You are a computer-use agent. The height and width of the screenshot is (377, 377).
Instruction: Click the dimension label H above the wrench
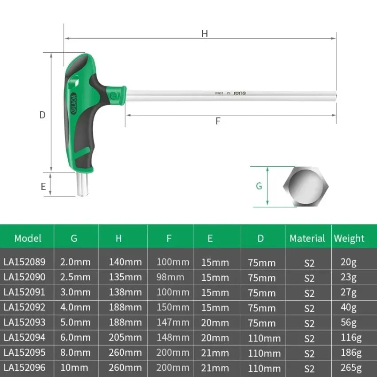pyautogui.click(x=204, y=34)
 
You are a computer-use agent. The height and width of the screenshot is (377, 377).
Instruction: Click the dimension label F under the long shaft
pyautogui.click(x=218, y=121)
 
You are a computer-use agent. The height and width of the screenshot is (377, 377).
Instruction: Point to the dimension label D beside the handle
pyautogui.click(x=43, y=115)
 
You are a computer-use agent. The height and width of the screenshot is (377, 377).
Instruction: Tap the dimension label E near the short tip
pyautogui.click(x=43, y=186)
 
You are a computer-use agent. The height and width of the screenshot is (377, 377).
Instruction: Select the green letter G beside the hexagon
pyautogui.click(x=259, y=186)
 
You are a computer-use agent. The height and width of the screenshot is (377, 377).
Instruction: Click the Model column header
pyautogui.click(x=27, y=238)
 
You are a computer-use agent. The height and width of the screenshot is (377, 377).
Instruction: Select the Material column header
pyautogui.click(x=307, y=238)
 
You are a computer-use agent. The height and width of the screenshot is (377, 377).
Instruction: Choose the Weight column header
pyautogui.click(x=349, y=238)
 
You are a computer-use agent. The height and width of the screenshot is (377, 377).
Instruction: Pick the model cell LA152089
pyautogui.click(x=24, y=262)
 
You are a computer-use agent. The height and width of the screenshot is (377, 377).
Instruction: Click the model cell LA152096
pyautogui.click(x=24, y=368)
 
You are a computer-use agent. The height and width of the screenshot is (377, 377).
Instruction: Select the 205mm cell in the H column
pyautogui.click(x=126, y=338)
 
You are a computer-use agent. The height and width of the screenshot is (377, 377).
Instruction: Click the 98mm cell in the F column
pyautogui.click(x=170, y=277)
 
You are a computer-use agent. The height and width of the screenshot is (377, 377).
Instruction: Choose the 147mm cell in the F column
pyautogui.click(x=173, y=322)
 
